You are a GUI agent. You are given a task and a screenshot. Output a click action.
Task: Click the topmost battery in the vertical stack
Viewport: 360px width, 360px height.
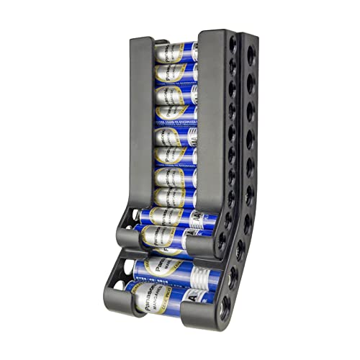[176, 53]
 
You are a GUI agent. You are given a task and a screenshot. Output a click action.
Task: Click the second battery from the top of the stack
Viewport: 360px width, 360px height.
[176, 73]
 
